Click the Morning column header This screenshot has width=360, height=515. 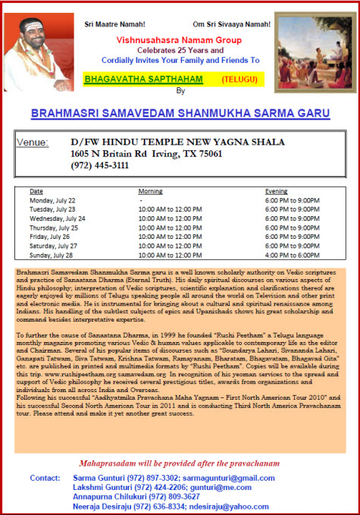click(x=150, y=191)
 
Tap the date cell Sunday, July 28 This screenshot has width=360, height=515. click(x=54, y=255)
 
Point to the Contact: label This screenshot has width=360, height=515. click(x=44, y=478)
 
